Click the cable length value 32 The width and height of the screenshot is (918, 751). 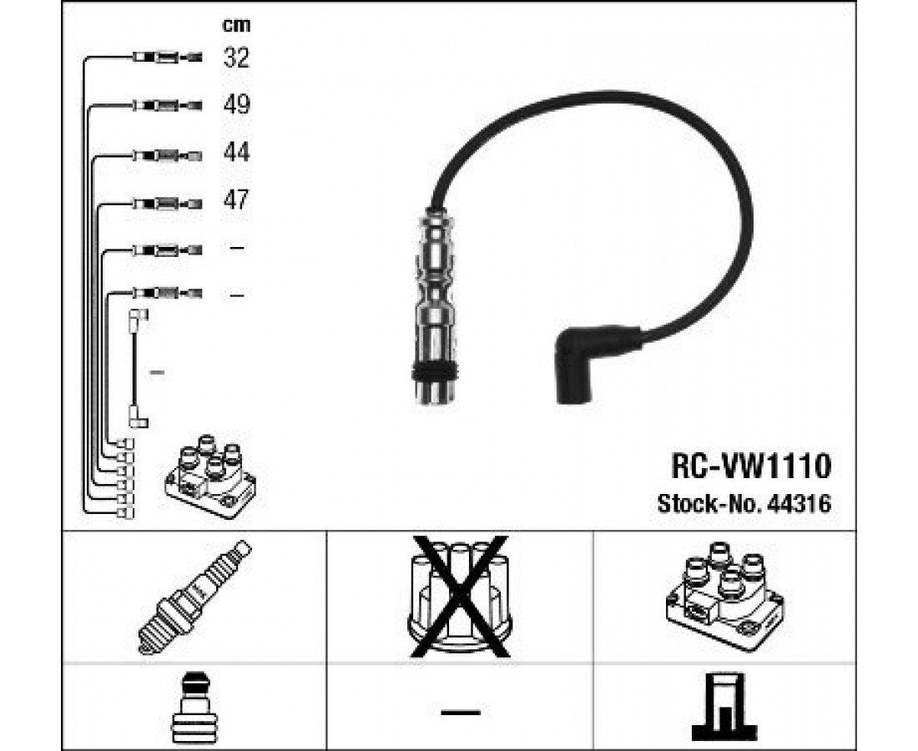pos(237,58)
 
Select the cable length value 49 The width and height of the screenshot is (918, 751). pos(237,105)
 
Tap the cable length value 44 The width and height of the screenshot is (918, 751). pos(237,153)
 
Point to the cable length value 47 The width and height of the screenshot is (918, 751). pos(237,200)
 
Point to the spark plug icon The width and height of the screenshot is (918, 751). pos(193,596)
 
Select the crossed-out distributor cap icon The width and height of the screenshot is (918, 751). pos(457,594)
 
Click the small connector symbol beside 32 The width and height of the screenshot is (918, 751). pos(167,58)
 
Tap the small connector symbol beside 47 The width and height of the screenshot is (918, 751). pos(167,202)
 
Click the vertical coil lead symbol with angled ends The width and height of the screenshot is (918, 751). pos(136,368)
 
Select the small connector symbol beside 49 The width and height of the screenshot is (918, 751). pos(167,105)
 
